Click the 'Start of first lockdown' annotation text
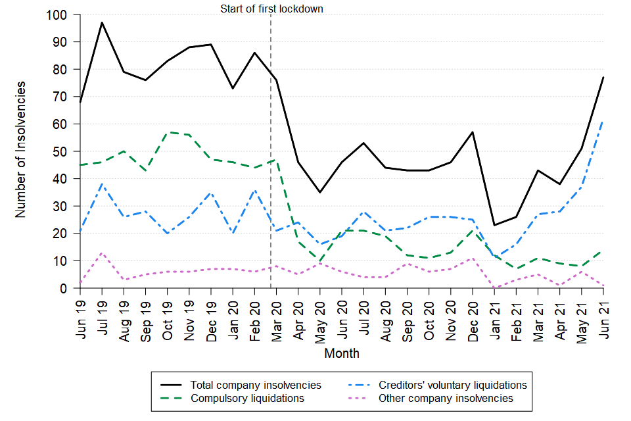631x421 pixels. tap(271, 9)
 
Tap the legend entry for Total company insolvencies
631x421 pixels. tap(256, 385)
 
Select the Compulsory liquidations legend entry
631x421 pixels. tap(246, 398)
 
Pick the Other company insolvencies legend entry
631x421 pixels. tap(446, 398)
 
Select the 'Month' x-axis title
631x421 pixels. tap(342, 353)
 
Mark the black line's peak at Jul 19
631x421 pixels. tap(102, 22)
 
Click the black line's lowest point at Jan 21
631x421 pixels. tap(495, 226)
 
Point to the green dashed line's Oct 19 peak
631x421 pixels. tap(168, 132)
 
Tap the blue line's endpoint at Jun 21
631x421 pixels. tap(604, 121)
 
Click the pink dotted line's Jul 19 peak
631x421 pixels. tap(102, 253)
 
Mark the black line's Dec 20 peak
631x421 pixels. tap(473, 132)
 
